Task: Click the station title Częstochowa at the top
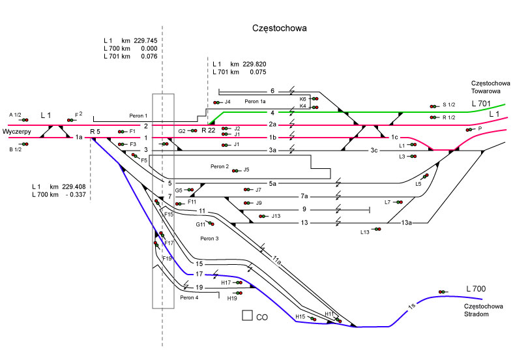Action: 280,29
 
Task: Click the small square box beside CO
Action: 247,316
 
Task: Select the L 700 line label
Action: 478,288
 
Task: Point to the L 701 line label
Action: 484,104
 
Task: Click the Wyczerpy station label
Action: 17,132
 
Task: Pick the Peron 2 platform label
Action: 220,167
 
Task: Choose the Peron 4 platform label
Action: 189,297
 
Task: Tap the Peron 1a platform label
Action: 256,102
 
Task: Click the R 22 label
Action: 209,131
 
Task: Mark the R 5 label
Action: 95,132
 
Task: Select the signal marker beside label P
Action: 469,130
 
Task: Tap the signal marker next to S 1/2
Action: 432,106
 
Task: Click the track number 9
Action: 304,209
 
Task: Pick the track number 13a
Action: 406,223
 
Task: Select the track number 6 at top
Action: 272,91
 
